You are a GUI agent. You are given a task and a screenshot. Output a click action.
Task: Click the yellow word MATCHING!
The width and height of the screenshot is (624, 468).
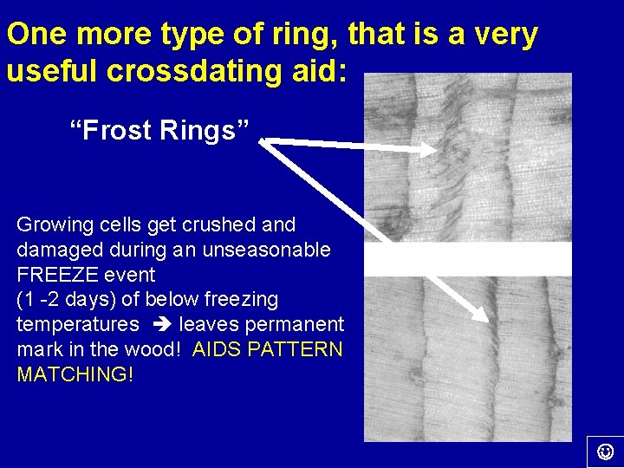click(75, 375)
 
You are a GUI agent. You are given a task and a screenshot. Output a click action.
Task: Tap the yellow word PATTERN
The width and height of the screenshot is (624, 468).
click(301, 350)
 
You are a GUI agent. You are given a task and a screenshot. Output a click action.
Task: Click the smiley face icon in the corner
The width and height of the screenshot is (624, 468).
click(606, 451)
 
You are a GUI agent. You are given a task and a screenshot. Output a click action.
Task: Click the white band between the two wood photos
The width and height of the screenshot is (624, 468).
click(467, 259)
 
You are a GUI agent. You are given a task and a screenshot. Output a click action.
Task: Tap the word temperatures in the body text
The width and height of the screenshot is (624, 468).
click(78, 325)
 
